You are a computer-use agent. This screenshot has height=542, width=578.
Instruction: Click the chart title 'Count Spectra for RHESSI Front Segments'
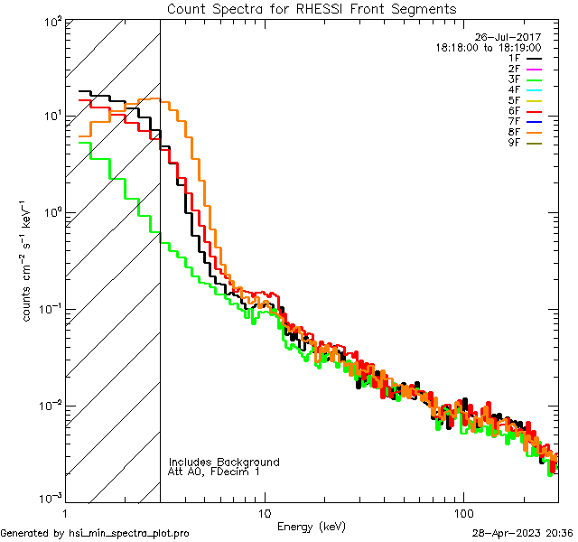tap(312, 9)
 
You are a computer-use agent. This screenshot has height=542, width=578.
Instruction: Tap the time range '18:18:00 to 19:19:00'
tap(489, 48)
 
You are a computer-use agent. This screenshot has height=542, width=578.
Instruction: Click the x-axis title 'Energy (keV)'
tap(312, 527)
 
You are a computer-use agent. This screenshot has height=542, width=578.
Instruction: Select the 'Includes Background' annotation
tap(224, 462)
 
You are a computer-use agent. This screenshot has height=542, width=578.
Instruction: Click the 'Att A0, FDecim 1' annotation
tap(214, 472)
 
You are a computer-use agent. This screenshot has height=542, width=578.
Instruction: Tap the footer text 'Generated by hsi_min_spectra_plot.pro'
tap(95, 533)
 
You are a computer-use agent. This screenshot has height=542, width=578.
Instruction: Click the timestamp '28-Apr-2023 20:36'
tap(523, 533)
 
